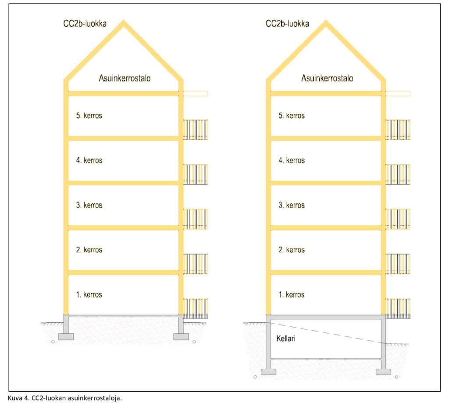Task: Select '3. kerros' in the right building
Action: [x=292, y=205]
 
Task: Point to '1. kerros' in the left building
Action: [x=89, y=294]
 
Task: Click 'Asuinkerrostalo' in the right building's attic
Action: [x=327, y=78]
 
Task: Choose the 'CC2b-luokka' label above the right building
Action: [x=287, y=23]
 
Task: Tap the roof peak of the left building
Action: [x=124, y=22]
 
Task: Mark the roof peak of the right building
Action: [x=326, y=22]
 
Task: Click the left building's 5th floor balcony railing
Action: [x=195, y=129]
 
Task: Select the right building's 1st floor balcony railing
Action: [x=398, y=308]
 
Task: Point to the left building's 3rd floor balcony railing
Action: [x=195, y=219]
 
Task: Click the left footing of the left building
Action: [x=66, y=336]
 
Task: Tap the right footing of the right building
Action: [x=383, y=372]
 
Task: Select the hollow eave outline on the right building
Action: [x=398, y=93]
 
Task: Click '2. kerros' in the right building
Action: [x=292, y=250]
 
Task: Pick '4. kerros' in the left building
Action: [x=89, y=160]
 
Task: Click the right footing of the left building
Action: [x=181, y=336]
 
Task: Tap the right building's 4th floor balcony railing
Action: [x=398, y=174]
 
